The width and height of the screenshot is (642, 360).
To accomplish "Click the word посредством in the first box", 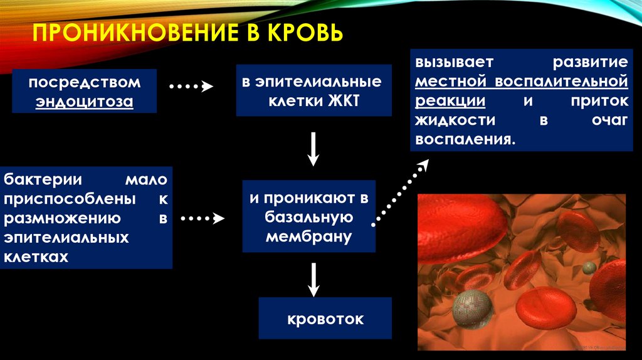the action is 84,83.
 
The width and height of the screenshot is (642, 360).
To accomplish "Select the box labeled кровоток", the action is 325,319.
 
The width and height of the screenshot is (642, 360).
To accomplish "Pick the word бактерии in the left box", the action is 39,180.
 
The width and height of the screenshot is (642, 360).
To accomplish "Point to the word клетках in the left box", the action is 36,257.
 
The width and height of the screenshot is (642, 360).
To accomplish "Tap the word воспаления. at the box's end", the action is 464,139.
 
